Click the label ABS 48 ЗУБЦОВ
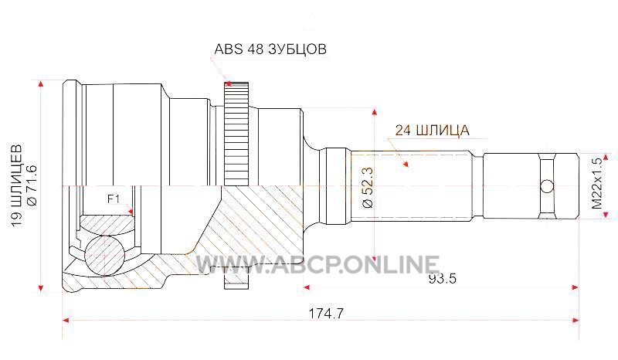tap(270, 49)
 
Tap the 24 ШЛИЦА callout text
tap(433, 130)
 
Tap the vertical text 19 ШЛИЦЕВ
tap(16, 185)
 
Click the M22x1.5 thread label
tap(597, 184)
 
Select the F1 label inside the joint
tap(114, 199)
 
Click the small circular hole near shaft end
tap(547, 185)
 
